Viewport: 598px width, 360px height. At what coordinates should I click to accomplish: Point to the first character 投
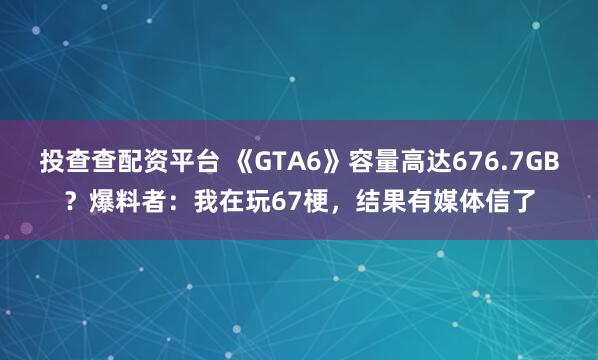(x=52, y=163)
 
